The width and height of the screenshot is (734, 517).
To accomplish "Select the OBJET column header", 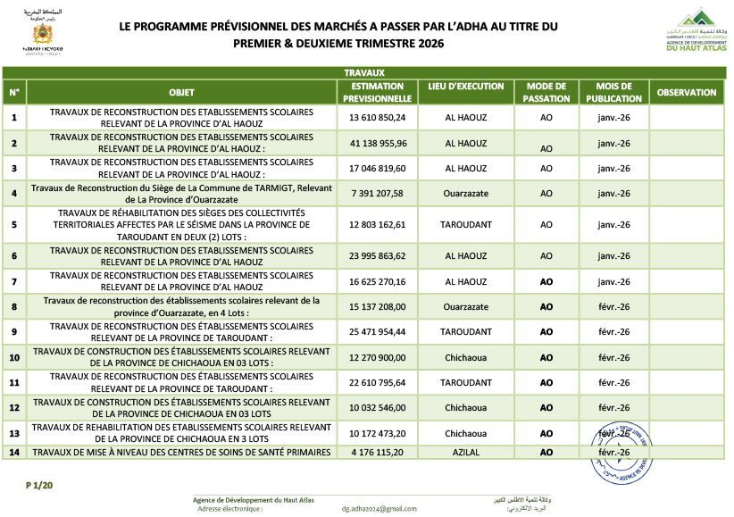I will coord(181,92).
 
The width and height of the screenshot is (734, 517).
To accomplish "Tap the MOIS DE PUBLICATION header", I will coord(613,92).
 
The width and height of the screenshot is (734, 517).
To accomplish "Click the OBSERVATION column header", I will coord(687,92).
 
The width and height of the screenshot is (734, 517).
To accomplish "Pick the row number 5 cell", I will coord(14,224).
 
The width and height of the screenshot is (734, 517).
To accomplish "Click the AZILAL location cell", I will coord(465,453).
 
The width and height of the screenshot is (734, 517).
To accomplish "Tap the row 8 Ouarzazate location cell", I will coord(465,306).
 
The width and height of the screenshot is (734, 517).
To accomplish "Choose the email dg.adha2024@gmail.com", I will coord(379,508).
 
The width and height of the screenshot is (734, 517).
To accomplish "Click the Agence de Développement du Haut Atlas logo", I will coord(697,32).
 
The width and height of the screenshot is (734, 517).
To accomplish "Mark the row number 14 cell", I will coord(14,453).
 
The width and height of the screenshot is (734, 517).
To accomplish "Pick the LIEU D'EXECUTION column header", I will coord(465,92).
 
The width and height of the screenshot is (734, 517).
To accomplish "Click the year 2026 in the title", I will coord(426,43).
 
